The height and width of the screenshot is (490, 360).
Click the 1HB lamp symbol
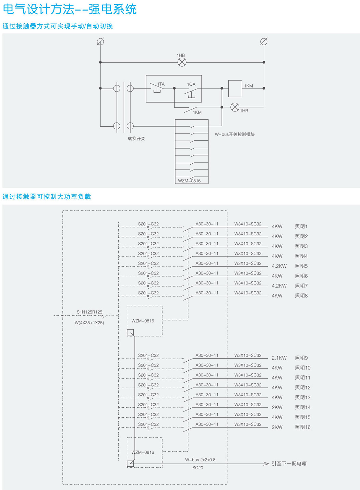[182, 62]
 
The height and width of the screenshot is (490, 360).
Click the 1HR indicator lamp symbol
[235, 107]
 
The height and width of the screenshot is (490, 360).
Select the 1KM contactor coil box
[235, 89]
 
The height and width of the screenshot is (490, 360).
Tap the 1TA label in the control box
[161, 84]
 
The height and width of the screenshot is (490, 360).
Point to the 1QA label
[191, 84]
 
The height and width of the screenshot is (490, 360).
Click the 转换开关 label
[136, 139]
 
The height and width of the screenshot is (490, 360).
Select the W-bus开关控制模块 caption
[235, 134]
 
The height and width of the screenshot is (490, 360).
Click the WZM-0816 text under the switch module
[189, 181]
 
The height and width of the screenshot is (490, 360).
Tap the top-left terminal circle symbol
[100, 42]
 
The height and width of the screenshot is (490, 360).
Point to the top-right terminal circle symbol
[264, 42]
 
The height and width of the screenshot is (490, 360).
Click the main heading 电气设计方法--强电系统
[70, 9]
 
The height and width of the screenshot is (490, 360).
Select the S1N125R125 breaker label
[89, 312]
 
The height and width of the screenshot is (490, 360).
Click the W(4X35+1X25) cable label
[89, 323]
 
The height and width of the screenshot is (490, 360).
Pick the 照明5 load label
[301, 266]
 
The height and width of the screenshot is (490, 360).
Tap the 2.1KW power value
[279, 358]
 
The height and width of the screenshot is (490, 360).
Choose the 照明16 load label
[303, 427]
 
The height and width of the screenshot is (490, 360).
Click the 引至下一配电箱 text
[289, 464]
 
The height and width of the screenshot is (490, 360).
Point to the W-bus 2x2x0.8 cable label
[200, 459]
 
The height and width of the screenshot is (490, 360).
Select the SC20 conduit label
[197, 468]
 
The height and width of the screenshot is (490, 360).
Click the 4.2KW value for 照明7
[279, 286]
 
